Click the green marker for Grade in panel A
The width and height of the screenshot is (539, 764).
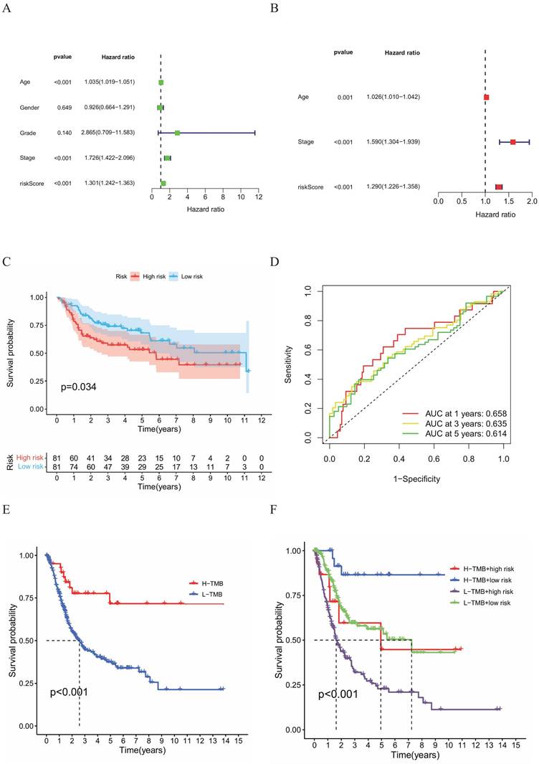pos(177,133)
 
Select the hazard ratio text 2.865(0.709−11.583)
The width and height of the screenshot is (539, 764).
pos(109,133)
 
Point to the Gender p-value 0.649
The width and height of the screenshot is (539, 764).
pos(62,108)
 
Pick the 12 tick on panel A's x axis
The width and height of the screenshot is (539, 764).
pos(259,196)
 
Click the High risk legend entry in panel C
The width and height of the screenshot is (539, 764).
pos(150,275)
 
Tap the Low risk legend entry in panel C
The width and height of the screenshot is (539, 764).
pos(189,275)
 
